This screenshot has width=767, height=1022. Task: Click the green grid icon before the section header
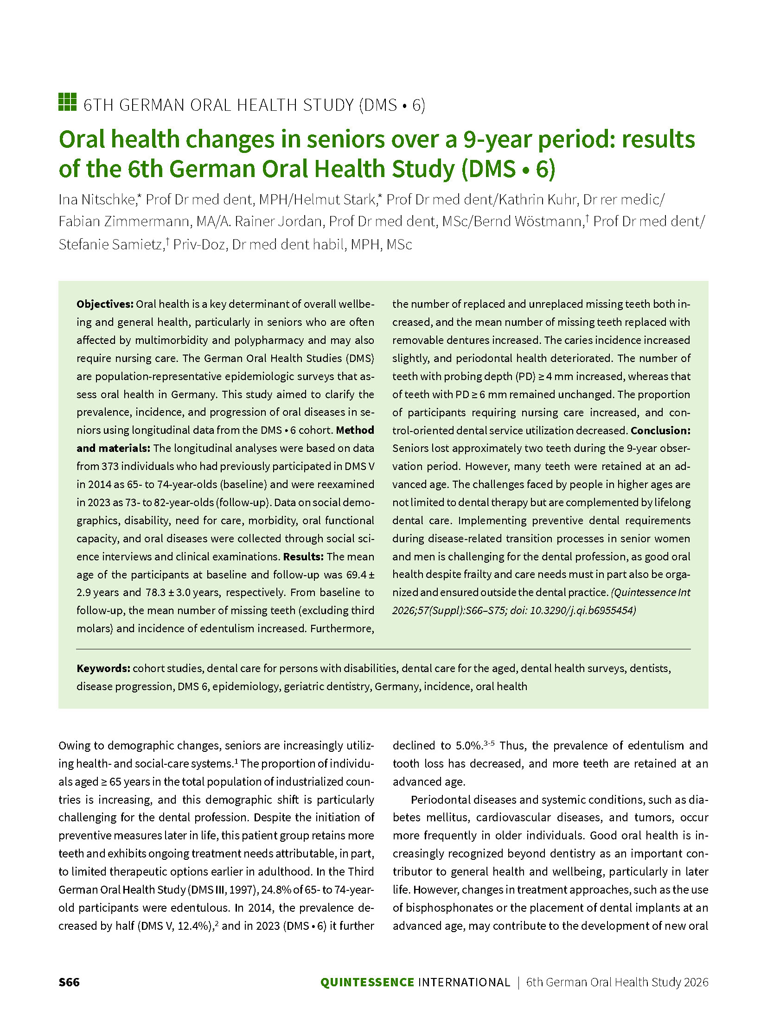tap(67, 102)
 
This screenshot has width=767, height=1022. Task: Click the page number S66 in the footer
tap(69, 982)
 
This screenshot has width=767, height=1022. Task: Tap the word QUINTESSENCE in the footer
tap(367, 982)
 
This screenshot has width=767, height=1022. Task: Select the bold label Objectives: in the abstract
tap(105, 304)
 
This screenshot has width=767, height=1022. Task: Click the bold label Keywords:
tap(103, 668)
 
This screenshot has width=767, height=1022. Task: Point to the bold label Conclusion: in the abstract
tap(660, 431)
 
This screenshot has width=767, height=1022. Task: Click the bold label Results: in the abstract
tap(303, 557)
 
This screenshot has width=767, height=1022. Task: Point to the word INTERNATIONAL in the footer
tap(464, 982)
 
